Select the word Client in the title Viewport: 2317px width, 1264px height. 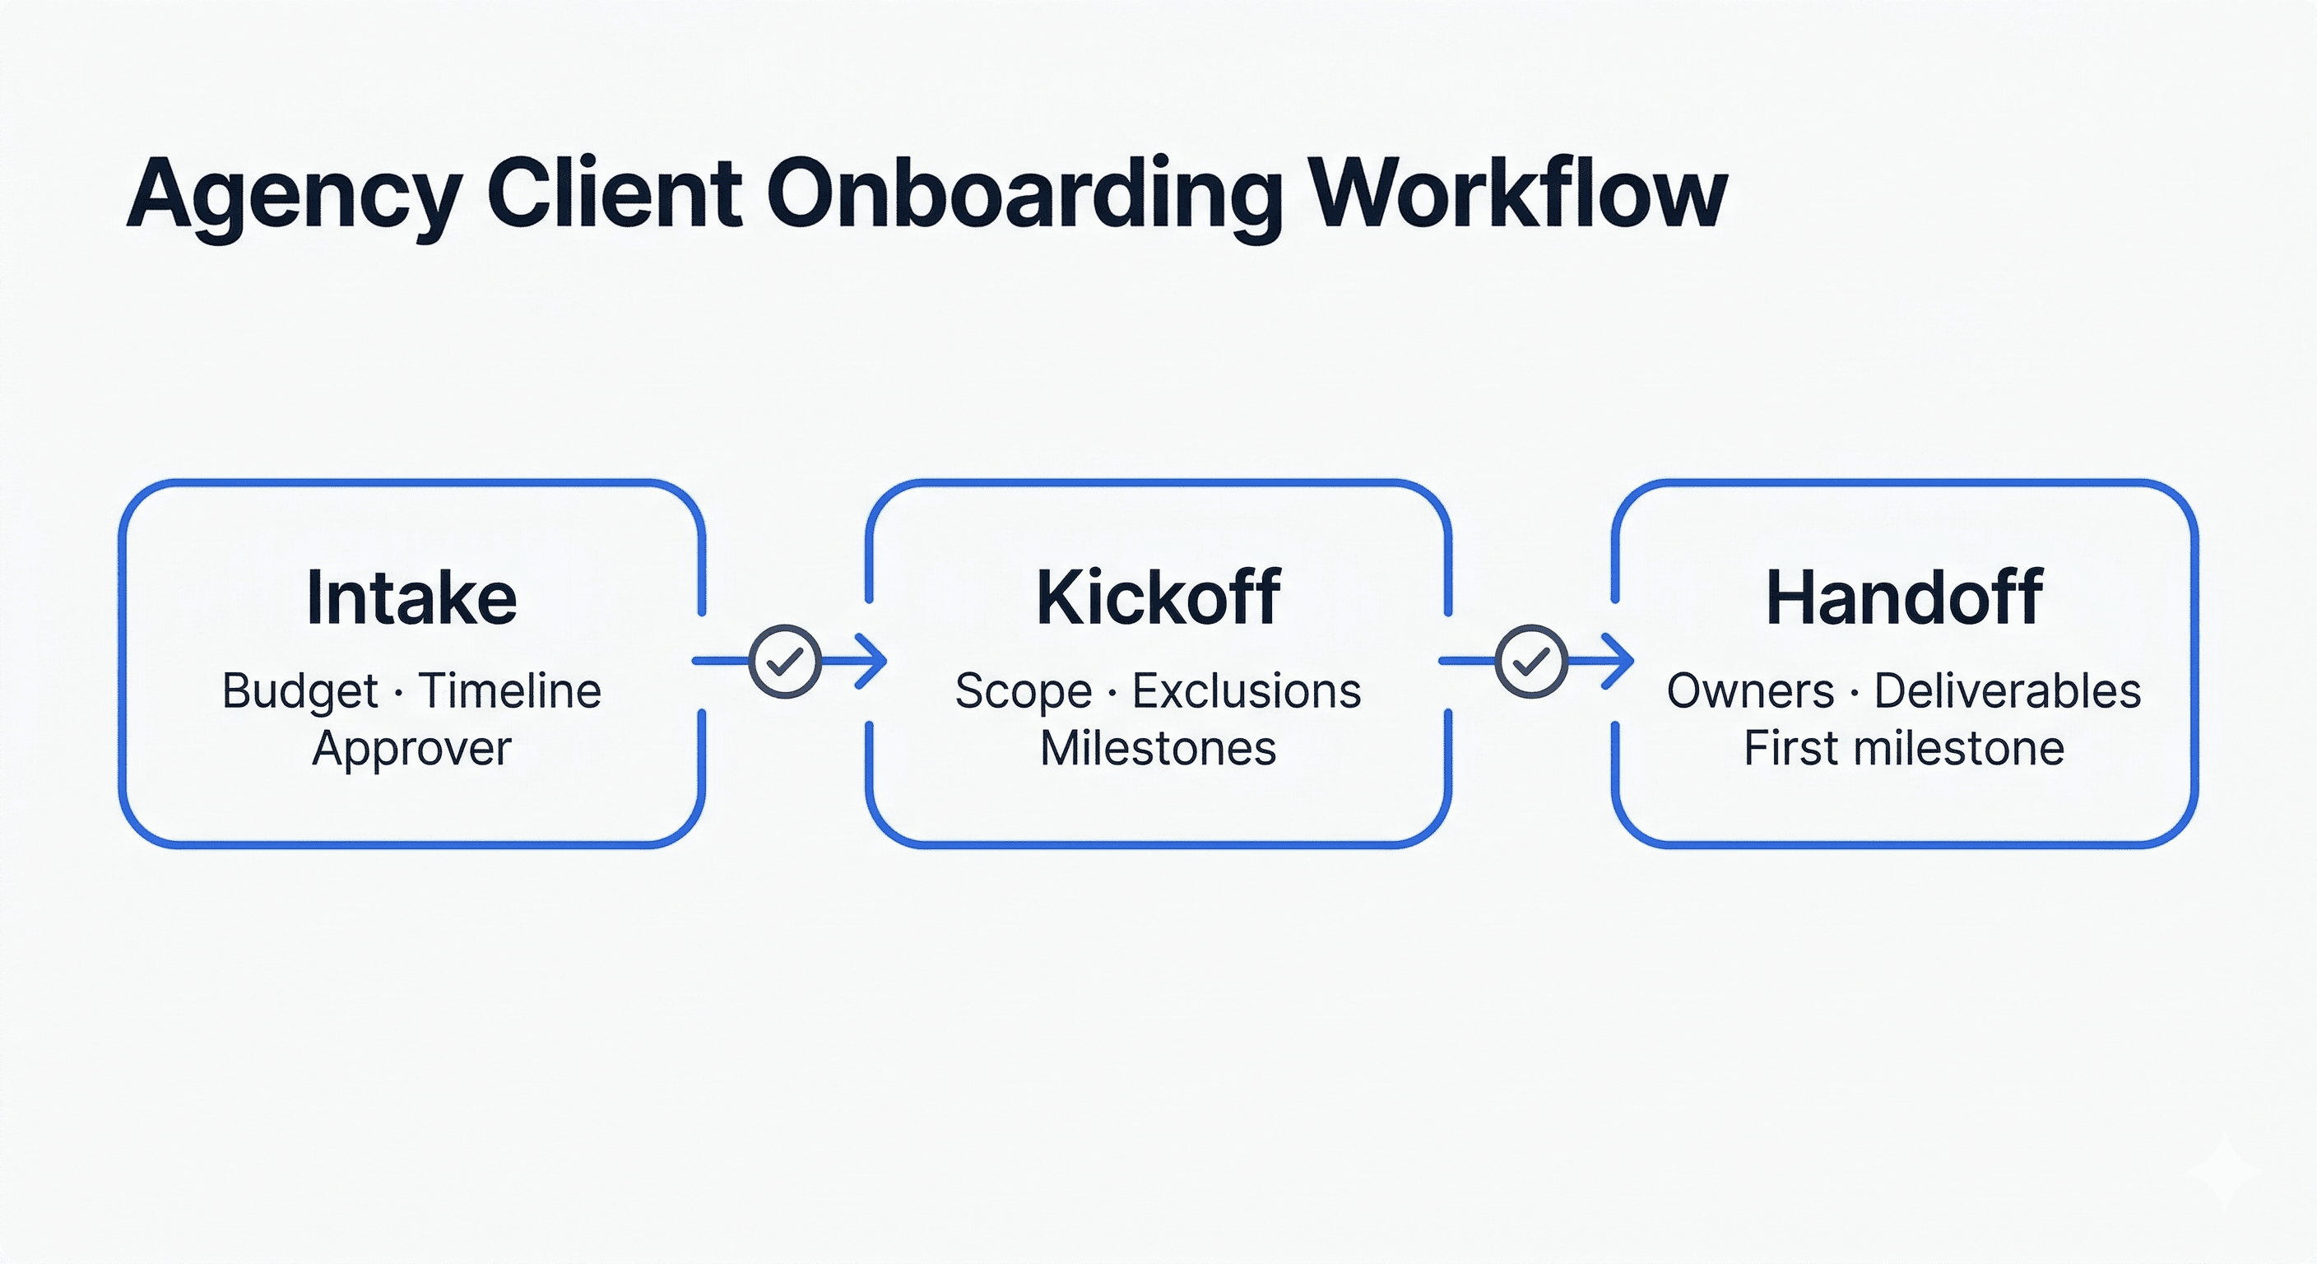pyautogui.click(x=615, y=193)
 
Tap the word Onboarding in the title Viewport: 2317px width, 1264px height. pyautogui.click(x=1023, y=195)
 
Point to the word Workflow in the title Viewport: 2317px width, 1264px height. pyautogui.click(x=1516, y=193)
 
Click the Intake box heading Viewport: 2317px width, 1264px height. pyautogui.click(x=412, y=597)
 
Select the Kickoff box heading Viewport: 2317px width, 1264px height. pyautogui.click(x=1158, y=597)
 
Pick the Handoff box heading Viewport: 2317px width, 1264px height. pyautogui.click(x=1904, y=597)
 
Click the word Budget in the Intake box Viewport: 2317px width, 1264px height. pyautogui.click(x=299, y=692)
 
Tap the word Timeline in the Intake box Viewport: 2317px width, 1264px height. pyautogui.click(x=510, y=691)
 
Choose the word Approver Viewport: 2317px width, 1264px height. pyautogui.click(x=412, y=749)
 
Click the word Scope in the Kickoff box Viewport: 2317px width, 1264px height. pyautogui.click(x=1023, y=692)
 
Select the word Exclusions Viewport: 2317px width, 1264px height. pyautogui.click(x=1247, y=691)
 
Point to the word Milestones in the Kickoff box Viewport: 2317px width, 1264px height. pyautogui.click(x=1158, y=749)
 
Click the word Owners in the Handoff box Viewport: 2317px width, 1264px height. pyautogui.click(x=1750, y=691)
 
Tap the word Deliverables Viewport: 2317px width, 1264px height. pyautogui.click(x=2008, y=691)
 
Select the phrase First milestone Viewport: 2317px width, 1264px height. pyautogui.click(x=1904, y=749)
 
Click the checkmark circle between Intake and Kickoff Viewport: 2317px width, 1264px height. pyautogui.click(x=784, y=662)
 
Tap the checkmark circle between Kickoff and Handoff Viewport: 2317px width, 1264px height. pyautogui.click(x=1531, y=662)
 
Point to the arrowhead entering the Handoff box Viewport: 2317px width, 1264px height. pyautogui.click(x=1621, y=662)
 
